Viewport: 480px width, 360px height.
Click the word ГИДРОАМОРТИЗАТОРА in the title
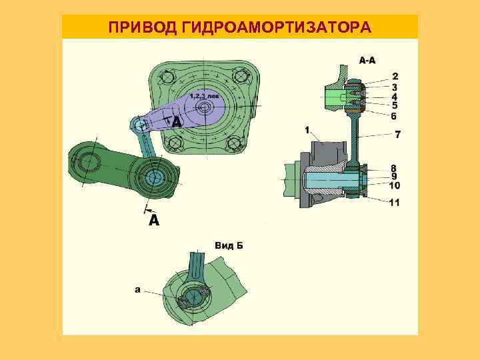274,28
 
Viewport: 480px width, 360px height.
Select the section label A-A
367,61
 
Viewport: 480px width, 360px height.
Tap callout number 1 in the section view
307,130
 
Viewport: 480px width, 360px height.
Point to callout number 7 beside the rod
397,135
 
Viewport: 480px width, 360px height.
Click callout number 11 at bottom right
394,202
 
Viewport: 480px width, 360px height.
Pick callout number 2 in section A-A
395,77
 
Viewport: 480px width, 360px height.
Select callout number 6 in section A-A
395,115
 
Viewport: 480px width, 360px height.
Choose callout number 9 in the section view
395,177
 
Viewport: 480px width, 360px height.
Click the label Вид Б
229,245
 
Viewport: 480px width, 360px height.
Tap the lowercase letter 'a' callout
137,289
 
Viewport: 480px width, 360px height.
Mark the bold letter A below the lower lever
154,220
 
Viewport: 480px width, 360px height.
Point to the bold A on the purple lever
176,123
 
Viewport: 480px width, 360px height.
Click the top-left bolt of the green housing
167,78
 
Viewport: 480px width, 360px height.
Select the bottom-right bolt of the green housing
237,141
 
